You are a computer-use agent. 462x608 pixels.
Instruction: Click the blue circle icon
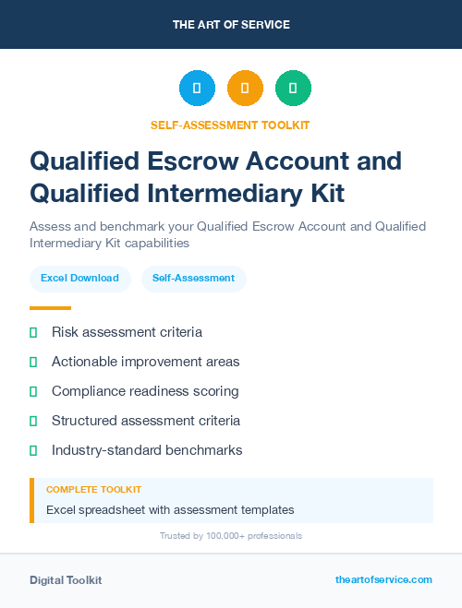point(197,89)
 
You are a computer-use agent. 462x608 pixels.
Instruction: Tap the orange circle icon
point(245,89)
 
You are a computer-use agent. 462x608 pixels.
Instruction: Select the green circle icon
point(293,89)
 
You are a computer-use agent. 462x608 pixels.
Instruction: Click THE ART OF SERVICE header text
point(231,25)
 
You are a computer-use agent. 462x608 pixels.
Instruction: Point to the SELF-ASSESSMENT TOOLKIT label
point(230,125)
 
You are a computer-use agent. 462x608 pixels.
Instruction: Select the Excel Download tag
point(79,278)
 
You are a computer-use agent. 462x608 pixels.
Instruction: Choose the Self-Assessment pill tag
point(193,278)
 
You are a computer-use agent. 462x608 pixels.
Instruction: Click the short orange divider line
point(50,308)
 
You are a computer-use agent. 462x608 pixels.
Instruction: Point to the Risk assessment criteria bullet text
point(127,332)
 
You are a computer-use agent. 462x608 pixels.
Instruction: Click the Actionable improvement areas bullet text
point(145,362)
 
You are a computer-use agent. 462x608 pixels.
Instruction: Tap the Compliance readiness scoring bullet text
point(145,391)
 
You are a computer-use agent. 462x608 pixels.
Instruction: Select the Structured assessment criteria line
point(145,421)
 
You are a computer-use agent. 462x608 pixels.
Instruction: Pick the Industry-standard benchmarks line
point(147,450)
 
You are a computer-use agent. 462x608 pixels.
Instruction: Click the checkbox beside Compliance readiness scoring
point(33,391)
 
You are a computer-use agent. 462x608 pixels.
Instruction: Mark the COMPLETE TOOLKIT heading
point(93,490)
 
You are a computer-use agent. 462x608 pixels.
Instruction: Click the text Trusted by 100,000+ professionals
point(230,536)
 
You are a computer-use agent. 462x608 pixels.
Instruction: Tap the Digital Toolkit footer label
point(66,580)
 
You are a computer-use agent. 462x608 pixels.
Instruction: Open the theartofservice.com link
point(383,579)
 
